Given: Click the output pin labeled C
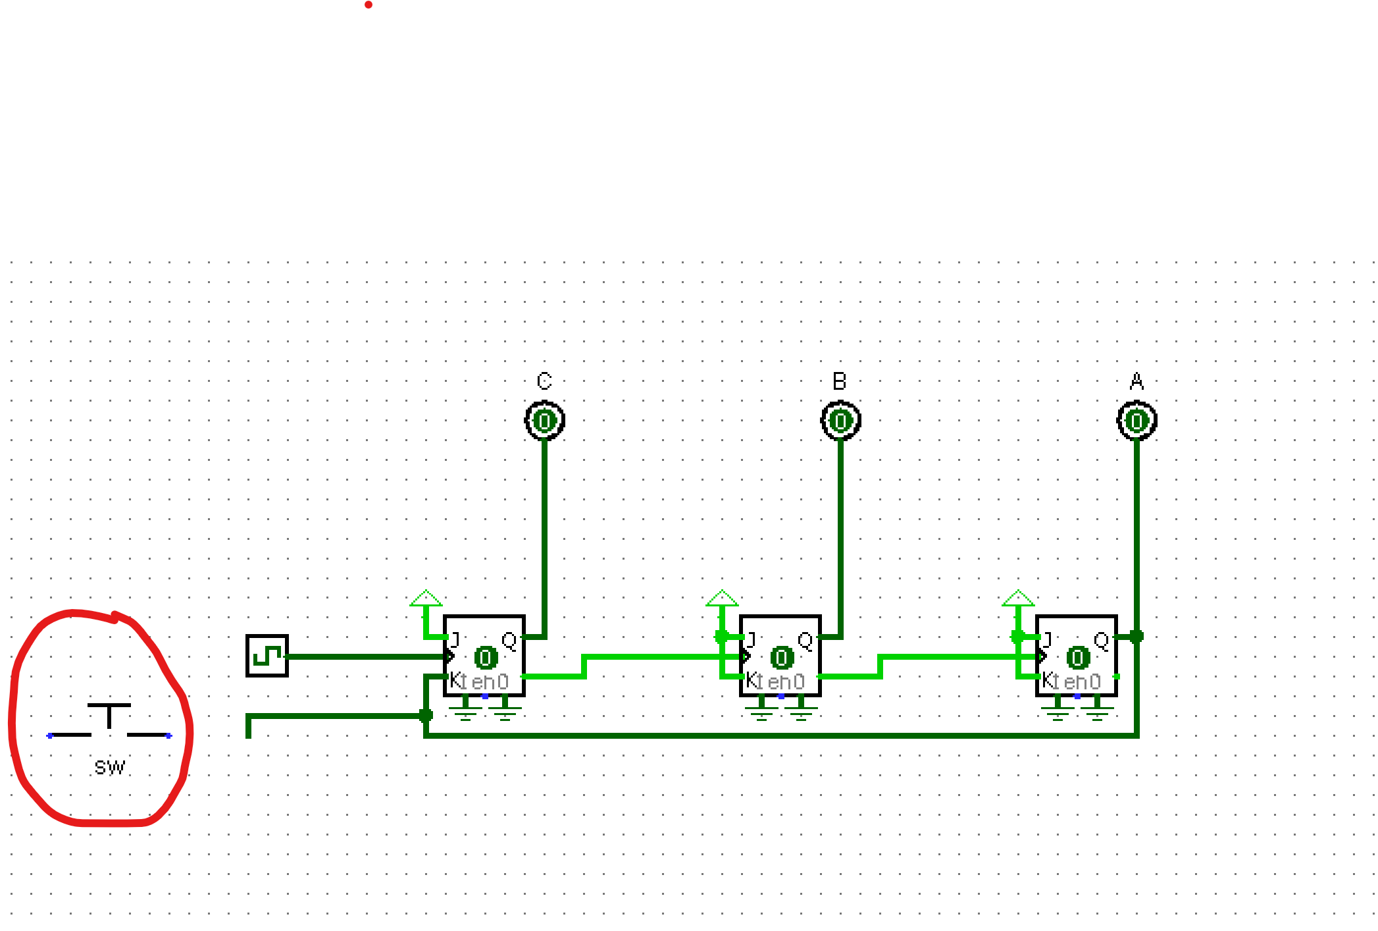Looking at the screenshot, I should (545, 421).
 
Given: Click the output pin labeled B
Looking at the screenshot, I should (841, 421).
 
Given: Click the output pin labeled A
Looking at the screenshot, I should (1137, 421).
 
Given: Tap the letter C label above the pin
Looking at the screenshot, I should (544, 381).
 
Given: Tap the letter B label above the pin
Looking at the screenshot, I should (840, 381).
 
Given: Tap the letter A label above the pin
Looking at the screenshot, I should (1136, 381).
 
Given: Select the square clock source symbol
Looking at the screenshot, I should (267, 656).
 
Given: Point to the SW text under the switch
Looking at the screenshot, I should (109, 768).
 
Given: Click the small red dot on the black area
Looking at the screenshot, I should (369, 5).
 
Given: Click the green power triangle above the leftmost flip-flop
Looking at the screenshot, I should (426, 598).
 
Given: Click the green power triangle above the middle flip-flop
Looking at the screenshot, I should (722, 598).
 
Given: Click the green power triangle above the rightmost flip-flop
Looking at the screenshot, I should (1018, 598).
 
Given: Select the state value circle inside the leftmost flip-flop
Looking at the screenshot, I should (486, 658).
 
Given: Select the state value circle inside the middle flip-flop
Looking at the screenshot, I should (782, 658).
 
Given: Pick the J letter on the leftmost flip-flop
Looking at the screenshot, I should (455, 639).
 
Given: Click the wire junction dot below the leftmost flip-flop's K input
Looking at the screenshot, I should (426, 715).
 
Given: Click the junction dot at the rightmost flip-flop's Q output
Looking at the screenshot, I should (1136, 636).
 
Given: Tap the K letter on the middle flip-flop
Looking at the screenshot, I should (751, 680).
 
